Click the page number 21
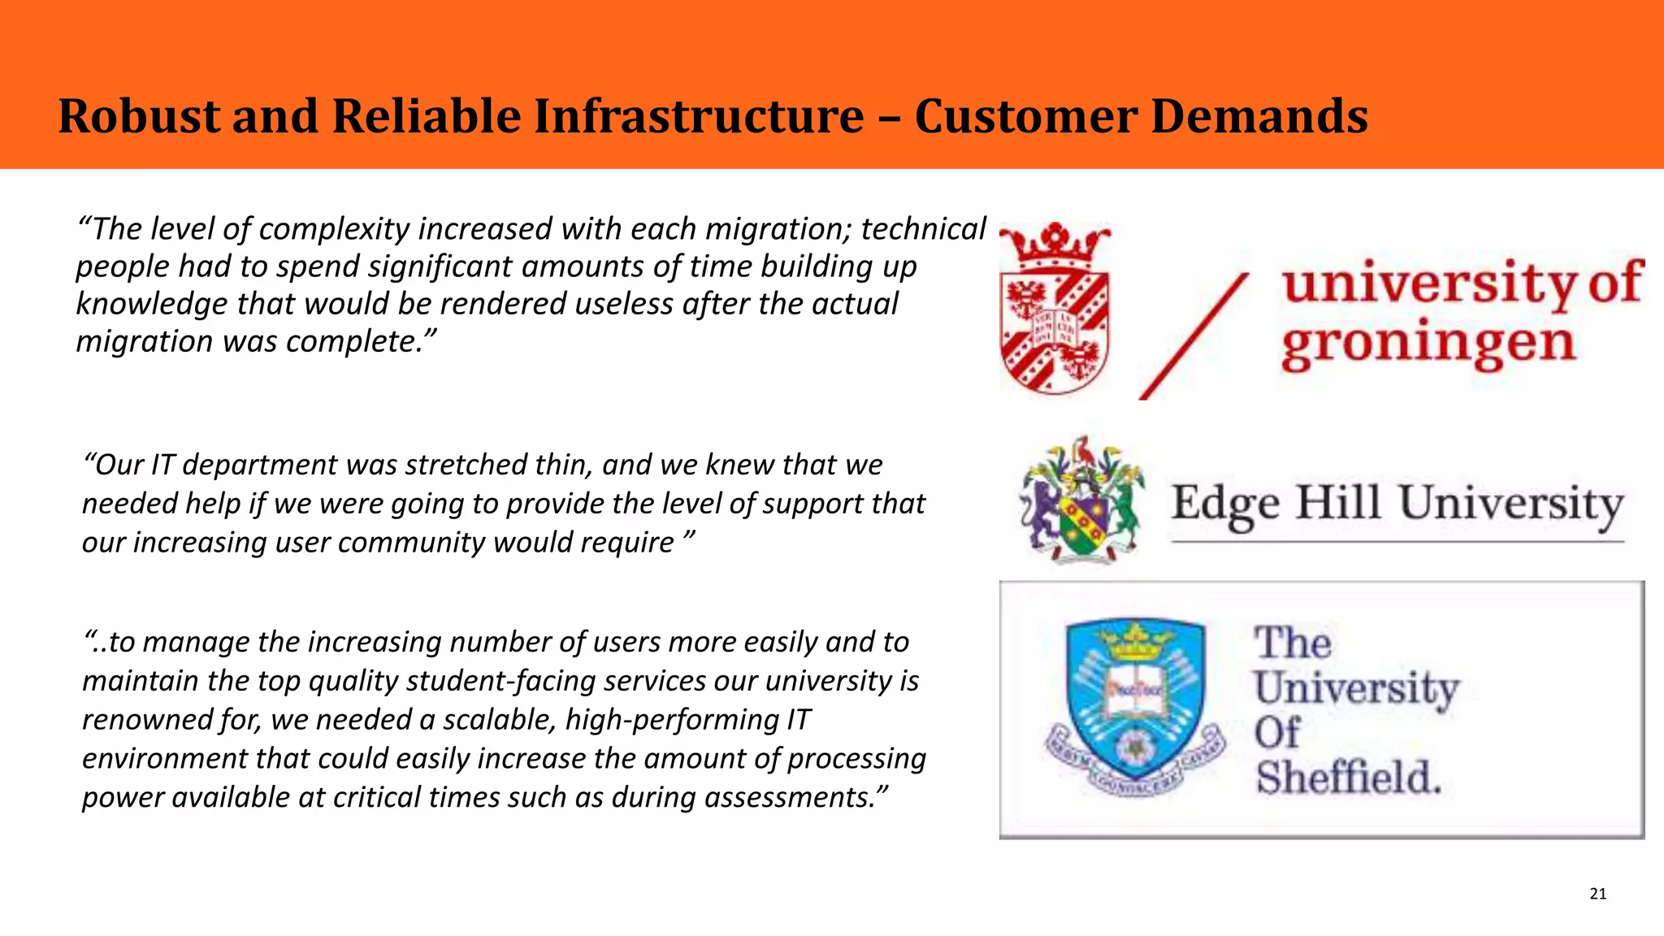pos(1597,894)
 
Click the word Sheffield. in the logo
pos(1349,778)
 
